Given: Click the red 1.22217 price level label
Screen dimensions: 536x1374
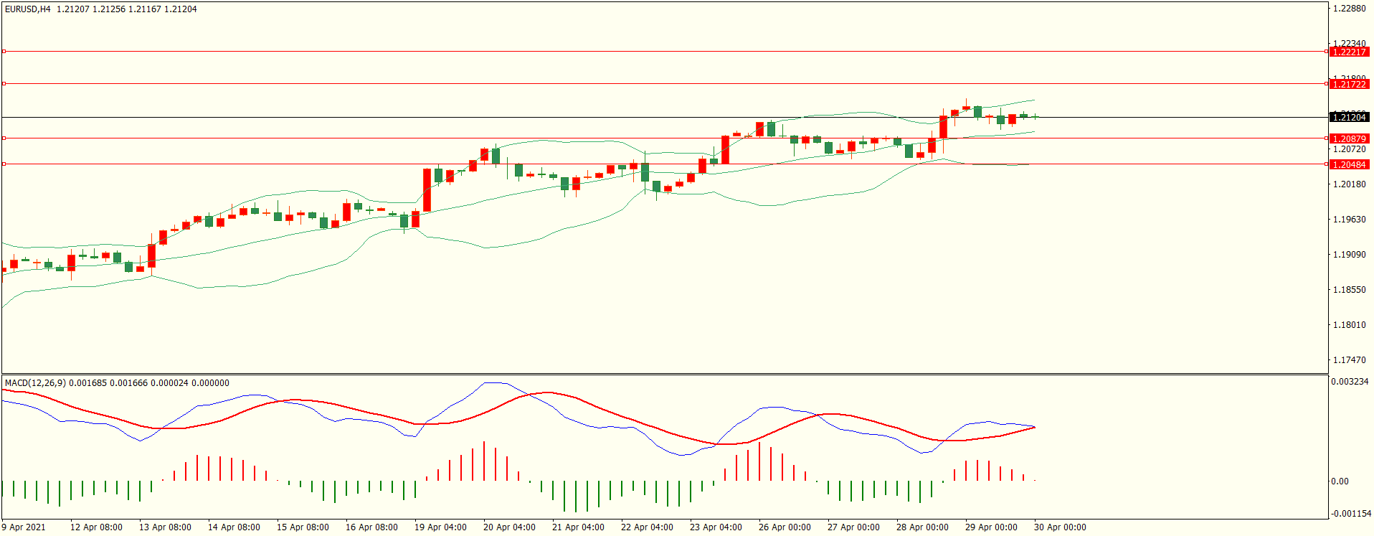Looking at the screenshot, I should point(1349,52).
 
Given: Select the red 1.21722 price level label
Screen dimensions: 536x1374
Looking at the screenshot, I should point(1349,84).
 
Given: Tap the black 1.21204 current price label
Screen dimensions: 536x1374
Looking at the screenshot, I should point(1349,117).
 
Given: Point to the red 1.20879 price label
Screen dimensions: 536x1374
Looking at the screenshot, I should point(1349,138).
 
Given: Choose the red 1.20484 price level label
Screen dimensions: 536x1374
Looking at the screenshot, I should point(1349,164).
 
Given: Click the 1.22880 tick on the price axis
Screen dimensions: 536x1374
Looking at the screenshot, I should point(1349,9).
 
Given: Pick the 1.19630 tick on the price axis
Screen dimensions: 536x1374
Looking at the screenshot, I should point(1349,220).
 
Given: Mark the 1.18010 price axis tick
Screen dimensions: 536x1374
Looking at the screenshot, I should point(1349,325).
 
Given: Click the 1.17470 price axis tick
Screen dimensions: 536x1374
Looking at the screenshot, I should point(1349,360).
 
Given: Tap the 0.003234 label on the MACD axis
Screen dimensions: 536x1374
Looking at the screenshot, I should point(1349,382).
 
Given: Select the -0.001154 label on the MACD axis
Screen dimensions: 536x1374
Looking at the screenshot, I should point(1351,514).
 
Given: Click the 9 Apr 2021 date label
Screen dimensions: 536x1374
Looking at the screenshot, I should point(24,527).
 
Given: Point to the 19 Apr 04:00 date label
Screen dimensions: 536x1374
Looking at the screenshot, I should point(440,527).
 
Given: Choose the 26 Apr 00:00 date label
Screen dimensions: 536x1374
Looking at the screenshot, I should point(785,527).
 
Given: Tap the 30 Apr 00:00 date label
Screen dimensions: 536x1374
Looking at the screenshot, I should point(1060,527).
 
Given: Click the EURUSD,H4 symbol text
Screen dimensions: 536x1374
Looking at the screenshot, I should point(28,9).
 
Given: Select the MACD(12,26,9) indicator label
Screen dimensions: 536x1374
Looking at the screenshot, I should point(35,383).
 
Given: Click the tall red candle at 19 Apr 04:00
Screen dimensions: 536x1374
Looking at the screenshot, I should point(427,190).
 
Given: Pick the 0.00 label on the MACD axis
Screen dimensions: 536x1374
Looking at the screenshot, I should point(1340,481).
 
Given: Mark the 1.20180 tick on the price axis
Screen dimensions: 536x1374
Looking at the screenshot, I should point(1349,184).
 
